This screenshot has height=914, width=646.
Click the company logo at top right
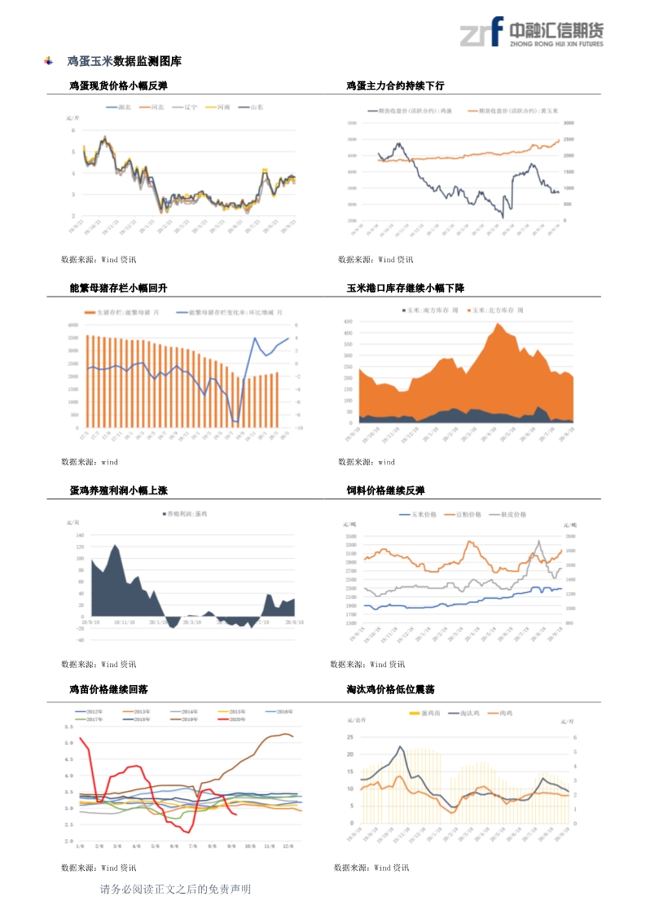531,33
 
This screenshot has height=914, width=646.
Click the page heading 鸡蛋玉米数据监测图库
124,61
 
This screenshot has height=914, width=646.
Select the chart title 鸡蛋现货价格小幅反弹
118,86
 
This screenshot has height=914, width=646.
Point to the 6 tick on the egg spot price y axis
73,130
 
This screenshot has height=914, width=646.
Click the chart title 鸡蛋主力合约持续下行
395,86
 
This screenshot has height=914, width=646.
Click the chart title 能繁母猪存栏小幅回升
118,288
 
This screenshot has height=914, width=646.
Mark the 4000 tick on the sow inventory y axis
73,325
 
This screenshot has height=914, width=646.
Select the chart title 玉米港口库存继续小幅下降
406,288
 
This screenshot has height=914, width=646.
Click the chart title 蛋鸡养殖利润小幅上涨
118,490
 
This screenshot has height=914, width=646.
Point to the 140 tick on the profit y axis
80,535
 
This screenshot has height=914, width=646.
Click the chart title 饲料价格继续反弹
385,490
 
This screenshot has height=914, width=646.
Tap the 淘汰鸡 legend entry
466,714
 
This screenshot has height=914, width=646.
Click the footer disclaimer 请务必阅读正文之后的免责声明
175,890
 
